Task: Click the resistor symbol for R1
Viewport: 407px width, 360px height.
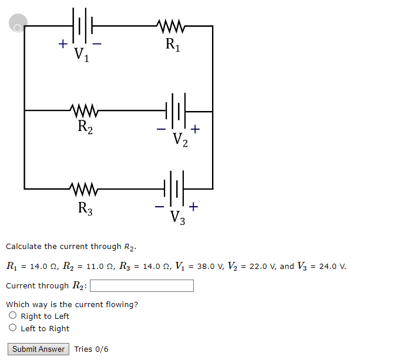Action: pyautogui.click(x=171, y=26)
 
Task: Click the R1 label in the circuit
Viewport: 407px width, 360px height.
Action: pyautogui.click(x=173, y=44)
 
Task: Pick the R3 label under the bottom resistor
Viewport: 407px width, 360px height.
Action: pyautogui.click(x=85, y=208)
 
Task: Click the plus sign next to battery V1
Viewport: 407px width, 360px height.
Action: pyautogui.click(x=61, y=43)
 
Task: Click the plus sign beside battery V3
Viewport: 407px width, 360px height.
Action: pyautogui.click(x=194, y=207)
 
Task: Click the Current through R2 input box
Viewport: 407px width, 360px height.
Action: pyautogui.click(x=142, y=286)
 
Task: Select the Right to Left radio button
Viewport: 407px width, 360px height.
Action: pyautogui.click(x=13, y=316)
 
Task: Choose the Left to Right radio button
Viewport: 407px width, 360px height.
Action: pyautogui.click(x=13, y=328)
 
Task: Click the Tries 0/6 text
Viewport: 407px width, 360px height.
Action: pyautogui.click(x=91, y=349)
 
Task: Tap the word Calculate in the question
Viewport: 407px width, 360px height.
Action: pyautogui.click(x=24, y=247)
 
